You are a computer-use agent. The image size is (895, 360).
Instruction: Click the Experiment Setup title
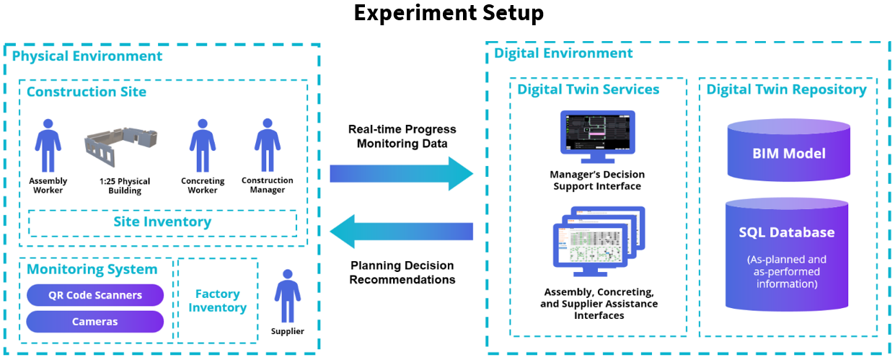point(449,13)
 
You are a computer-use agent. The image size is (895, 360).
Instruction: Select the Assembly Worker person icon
point(48,146)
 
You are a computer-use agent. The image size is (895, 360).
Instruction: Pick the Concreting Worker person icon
point(203,146)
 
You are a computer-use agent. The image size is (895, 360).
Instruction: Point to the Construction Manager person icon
point(268,145)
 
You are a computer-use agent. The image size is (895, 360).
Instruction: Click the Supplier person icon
point(287,296)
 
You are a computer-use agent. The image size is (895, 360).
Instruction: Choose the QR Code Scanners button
point(95,295)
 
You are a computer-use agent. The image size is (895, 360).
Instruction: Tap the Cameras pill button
point(95,322)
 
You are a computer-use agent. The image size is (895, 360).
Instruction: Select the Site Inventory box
point(162,222)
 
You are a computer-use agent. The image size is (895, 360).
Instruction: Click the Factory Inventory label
point(217,300)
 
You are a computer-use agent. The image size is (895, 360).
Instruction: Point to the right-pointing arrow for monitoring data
point(401,174)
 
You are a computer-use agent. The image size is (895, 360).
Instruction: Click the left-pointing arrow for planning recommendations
point(401,232)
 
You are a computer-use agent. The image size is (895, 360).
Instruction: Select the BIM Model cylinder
point(789,150)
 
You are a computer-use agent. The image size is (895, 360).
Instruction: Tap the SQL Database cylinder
point(787,255)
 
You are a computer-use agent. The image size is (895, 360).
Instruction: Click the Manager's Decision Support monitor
point(598,136)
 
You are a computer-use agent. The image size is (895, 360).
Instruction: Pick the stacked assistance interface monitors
point(599,242)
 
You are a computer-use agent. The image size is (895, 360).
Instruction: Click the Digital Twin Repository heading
point(786,89)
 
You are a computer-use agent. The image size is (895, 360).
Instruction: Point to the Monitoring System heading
point(92,269)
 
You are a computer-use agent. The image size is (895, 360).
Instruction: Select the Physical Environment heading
point(87,56)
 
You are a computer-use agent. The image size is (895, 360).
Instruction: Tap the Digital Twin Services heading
point(588,89)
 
